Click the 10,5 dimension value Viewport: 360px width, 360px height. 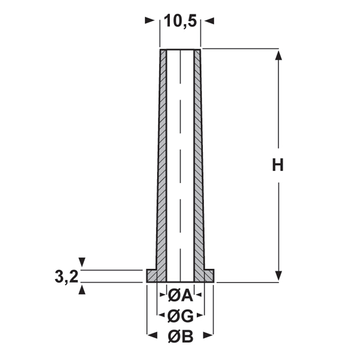[x=181, y=21]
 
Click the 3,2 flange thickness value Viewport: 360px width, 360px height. [x=67, y=277]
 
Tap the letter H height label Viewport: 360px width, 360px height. [x=278, y=165]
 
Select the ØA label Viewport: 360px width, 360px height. [x=181, y=295]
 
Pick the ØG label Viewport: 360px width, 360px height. [x=181, y=316]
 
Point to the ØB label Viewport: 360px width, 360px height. [x=181, y=337]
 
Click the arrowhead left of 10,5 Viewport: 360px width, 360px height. [x=150, y=20]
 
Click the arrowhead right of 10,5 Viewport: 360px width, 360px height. [x=209, y=21]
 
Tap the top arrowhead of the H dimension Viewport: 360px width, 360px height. [x=278, y=55]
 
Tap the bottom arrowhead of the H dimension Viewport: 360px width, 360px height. [x=278, y=275]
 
